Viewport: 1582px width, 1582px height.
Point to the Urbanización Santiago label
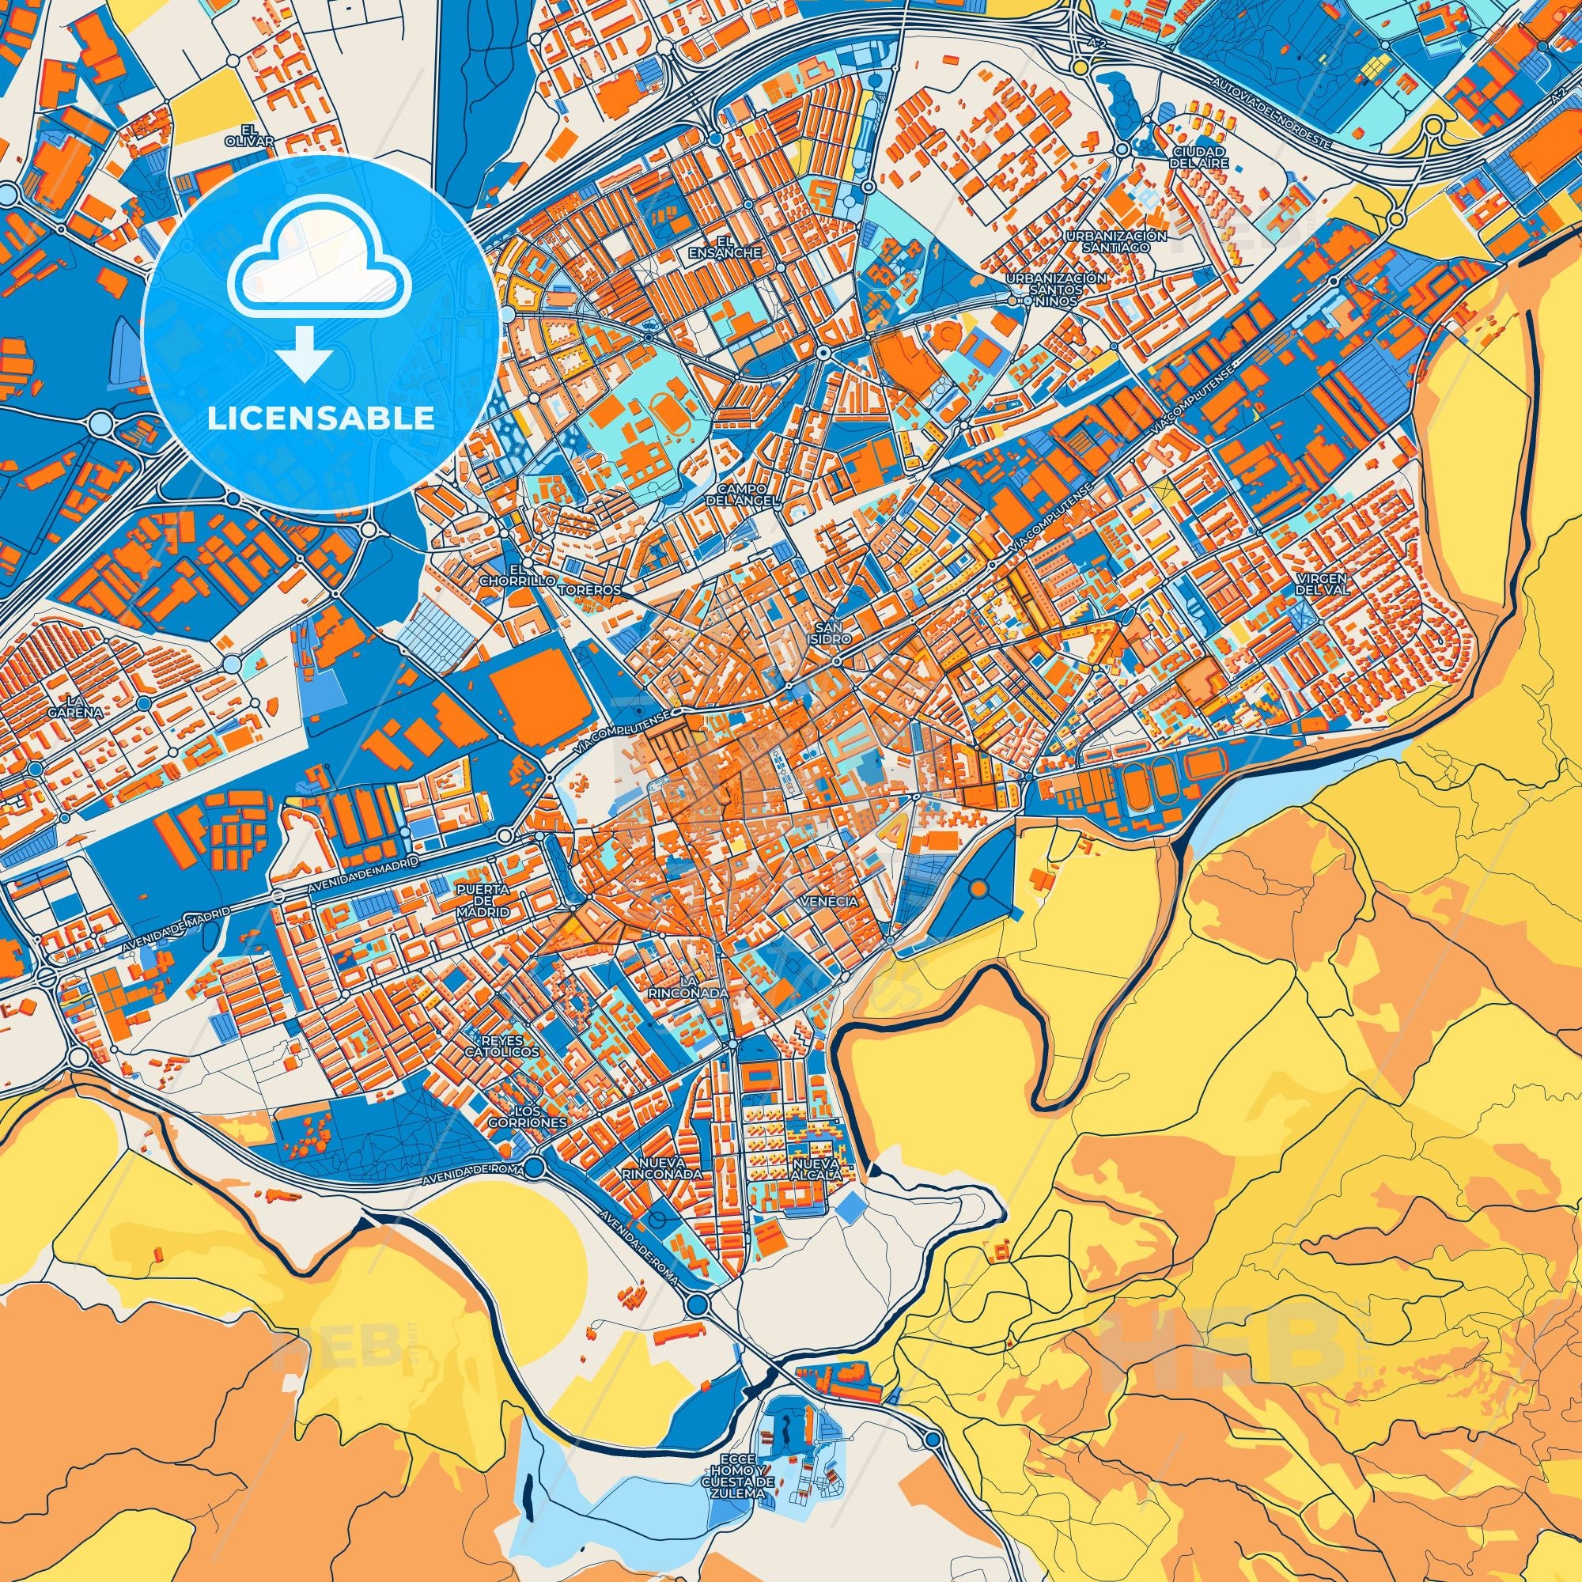(1115, 240)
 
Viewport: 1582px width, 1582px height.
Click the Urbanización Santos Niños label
(1056, 290)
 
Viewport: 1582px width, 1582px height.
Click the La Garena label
(85, 706)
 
